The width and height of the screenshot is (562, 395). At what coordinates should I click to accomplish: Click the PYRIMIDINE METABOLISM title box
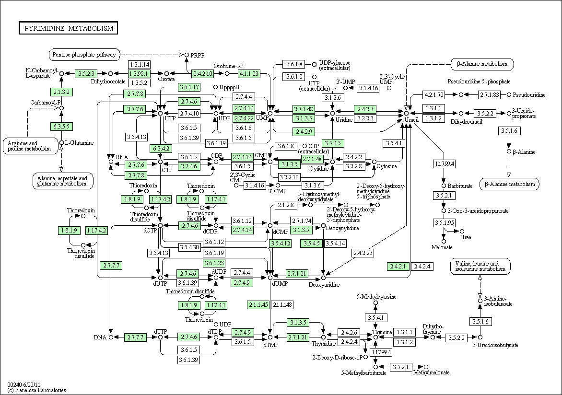(x=69, y=28)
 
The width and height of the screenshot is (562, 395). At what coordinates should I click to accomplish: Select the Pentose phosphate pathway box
(x=84, y=55)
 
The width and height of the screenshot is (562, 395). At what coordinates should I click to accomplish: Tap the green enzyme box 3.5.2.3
(x=86, y=74)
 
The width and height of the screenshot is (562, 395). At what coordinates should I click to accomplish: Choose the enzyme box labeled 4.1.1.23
(x=248, y=74)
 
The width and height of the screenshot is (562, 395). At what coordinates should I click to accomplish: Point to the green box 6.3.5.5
(x=61, y=127)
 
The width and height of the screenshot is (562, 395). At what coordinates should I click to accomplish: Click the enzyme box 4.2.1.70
(x=433, y=95)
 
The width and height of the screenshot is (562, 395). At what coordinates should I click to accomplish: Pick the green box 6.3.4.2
(x=161, y=149)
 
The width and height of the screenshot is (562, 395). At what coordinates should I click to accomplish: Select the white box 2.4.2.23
(x=363, y=253)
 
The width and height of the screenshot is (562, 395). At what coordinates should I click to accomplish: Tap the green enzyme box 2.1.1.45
(x=258, y=305)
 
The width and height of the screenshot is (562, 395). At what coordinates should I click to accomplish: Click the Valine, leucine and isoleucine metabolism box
(x=480, y=267)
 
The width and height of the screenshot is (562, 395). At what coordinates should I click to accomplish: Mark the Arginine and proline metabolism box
(x=31, y=146)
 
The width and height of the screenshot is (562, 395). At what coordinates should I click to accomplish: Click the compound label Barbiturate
(x=460, y=186)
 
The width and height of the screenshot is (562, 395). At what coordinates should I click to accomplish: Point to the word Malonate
(x=442, y=247)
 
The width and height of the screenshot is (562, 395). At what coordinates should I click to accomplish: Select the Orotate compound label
(x=167, y=79)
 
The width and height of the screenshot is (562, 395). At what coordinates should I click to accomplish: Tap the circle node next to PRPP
(x=187, y=55)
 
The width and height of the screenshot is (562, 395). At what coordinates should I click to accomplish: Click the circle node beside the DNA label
(x=111, y=337)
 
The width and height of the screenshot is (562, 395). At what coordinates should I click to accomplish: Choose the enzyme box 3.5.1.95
(x=444, y=222)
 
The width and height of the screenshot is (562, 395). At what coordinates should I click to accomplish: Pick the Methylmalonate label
(x=431, y=373)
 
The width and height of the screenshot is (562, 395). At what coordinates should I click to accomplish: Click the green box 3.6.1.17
(x=189, y=87)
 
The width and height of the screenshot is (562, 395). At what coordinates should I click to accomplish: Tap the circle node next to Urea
(x=462, y=232)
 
